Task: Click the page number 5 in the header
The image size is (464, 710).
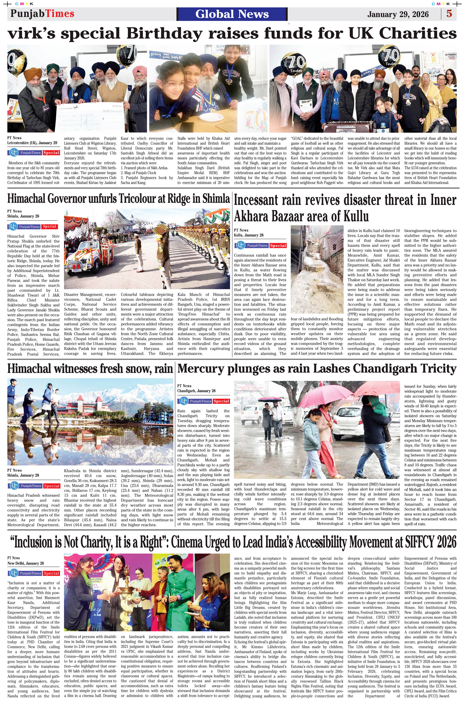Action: pos(449,14)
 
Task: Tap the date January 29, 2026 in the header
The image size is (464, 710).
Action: pos(398,14)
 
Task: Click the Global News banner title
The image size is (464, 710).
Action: pos(232,14)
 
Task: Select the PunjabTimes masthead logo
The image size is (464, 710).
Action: pos(42,14)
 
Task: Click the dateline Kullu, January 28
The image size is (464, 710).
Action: pos(249,235)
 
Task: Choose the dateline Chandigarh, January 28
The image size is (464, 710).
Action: pos(196,391)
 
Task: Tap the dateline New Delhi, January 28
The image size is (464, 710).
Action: pos(26,563)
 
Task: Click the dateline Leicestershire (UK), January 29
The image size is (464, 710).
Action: pos(32,143)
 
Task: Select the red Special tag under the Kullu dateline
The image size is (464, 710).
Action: pos(278,246)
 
